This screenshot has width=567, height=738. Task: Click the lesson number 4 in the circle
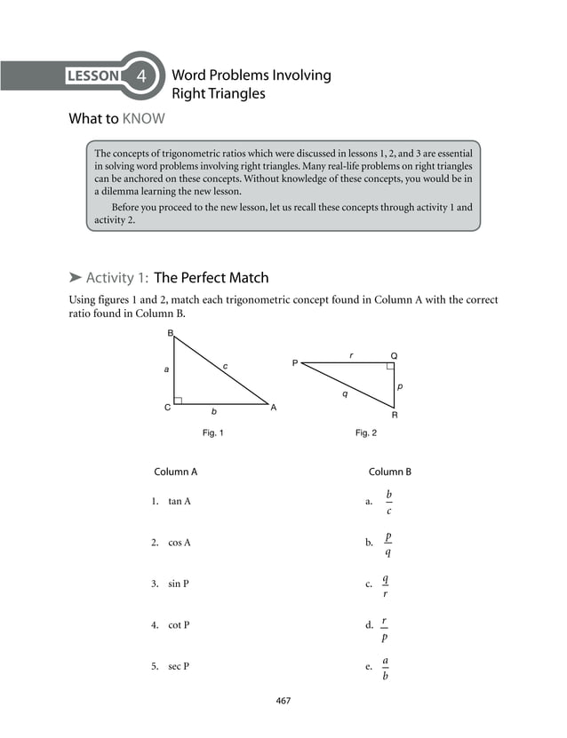pos(140,75)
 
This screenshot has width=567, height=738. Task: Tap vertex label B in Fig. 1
pos(171,333)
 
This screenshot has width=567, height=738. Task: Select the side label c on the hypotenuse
pos(225,366)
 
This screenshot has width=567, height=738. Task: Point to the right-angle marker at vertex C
pos(178,401)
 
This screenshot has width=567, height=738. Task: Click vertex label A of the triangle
pos(274,408)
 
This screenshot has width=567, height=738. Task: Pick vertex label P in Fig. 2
pos(294,362)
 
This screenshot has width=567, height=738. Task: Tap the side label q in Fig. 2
pos(345,393)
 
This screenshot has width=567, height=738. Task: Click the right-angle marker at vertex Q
pos(390,365)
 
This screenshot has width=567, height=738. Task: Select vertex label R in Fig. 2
pos(394,415)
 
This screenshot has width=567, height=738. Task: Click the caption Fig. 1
pos(213,433)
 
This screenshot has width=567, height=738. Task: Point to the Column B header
pos(390,472)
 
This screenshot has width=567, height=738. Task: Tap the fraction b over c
pos(388,502)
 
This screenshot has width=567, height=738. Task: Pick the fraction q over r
pos(385,585)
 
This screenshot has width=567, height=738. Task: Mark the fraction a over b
pos(385,668)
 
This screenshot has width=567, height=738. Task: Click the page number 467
pos(283,701)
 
